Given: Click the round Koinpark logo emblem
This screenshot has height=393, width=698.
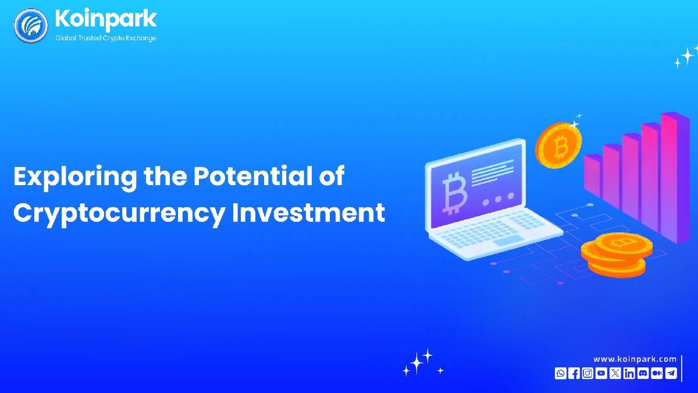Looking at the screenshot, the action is coord(31,26).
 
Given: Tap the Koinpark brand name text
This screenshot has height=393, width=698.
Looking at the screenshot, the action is coord(106,19).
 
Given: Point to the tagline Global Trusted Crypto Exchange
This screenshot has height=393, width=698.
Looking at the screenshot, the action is coord(106,38).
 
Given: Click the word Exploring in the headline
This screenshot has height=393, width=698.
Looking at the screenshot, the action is coord(75,177).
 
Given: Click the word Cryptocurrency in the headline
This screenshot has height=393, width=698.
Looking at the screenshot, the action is coord(119,213).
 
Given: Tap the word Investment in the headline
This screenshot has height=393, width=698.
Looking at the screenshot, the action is coord(309,213).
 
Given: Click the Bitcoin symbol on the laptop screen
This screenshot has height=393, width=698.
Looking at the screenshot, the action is coord(454,193).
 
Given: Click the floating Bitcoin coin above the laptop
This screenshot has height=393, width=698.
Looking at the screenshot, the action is coord(558,146).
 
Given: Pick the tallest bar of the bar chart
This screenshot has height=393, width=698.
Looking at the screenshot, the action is coord(675,178).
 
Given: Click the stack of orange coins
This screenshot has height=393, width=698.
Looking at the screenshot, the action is coord(617,255).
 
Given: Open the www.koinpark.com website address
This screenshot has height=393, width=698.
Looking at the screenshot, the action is coord(635,359).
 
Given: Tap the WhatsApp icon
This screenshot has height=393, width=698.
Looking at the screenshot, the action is coord(560,373).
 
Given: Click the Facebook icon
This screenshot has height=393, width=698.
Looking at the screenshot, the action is coord(574,373).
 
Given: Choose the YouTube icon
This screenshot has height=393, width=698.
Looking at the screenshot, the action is coord(601,373).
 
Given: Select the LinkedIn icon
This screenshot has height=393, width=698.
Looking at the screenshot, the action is coord(629,373).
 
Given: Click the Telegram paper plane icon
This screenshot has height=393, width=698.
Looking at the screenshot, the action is coord(671,373).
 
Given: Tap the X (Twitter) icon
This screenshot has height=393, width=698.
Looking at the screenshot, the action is coord(615,373).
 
